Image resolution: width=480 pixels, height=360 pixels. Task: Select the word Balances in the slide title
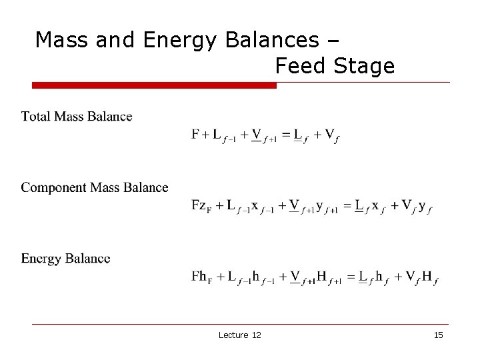point(271,40)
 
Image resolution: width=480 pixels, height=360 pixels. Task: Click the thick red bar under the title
point(155,85)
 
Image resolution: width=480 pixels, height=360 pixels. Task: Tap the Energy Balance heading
point(65,259)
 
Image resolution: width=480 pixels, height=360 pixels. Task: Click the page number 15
point(437,335)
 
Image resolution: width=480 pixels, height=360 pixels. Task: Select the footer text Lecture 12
point(239,335)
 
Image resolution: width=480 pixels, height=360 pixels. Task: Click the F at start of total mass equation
point(196,134)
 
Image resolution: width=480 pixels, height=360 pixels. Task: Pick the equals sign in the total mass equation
point(286,135)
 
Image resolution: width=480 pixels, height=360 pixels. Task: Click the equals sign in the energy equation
point(348,277)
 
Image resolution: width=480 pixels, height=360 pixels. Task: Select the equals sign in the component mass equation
point(347,205)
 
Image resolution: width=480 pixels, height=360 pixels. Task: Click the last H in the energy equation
point(427,276)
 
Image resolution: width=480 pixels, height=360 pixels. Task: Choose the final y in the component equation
point(421,206)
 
